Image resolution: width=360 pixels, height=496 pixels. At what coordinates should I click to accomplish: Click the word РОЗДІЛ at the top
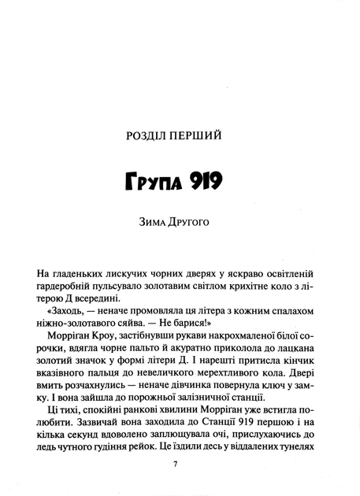tap(152, 136)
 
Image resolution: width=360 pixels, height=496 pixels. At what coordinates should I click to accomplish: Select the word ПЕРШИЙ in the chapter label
tap(206, 136)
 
